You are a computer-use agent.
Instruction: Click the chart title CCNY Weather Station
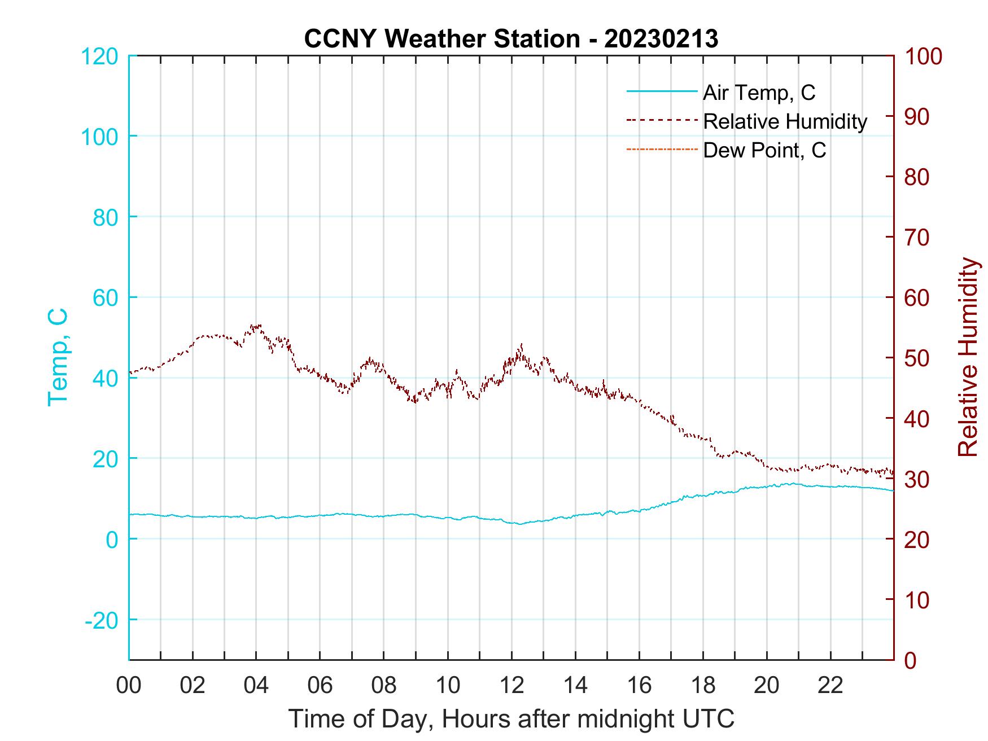(441, 39)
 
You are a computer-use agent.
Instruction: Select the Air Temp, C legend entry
(759, 92)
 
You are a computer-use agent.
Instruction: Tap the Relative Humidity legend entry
(785, 121)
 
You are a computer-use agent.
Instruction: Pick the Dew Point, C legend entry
(764, 151)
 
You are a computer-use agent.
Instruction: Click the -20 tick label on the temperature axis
(102, 620)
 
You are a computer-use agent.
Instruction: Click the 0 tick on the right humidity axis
(910, 660)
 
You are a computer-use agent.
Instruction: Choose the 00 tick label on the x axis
(129, 686)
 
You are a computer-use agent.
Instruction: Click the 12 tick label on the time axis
(512, 686)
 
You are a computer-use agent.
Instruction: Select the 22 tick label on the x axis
(830, 686)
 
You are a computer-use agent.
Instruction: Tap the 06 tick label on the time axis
(320, 686)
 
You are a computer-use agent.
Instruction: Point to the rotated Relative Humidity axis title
(967, 357)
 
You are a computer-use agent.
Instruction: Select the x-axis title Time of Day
(512, 719)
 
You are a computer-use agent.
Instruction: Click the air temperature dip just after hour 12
(520, 524)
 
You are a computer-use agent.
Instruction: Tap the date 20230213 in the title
(661, 39)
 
